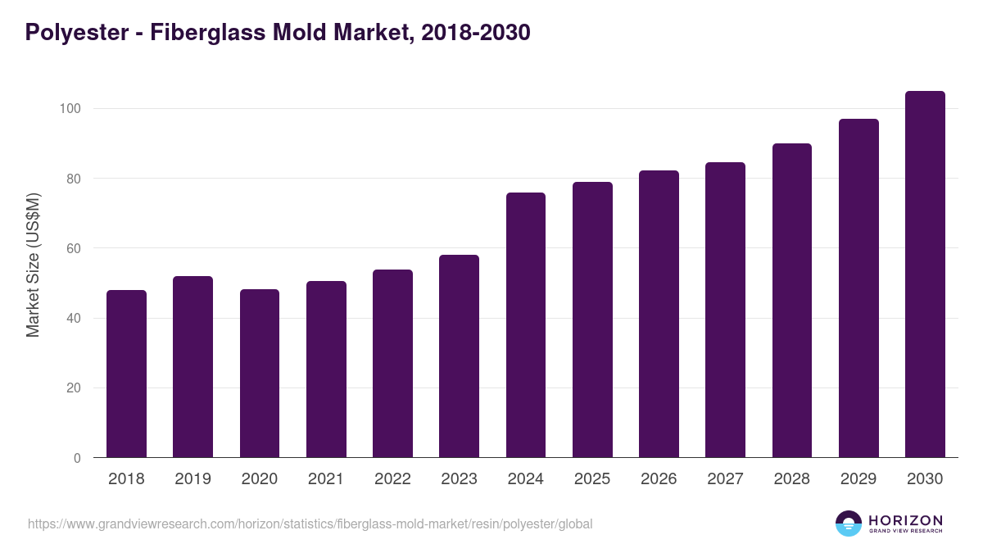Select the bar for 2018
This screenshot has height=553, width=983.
coord(126,374)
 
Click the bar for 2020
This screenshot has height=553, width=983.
coord(260,374)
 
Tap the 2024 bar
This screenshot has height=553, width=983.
coord(526,325)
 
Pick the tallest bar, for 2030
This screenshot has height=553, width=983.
coord(925,274)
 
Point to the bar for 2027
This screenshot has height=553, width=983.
coord(725,310)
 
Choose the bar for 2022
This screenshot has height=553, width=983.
coord(392,364)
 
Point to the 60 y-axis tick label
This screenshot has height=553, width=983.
coord(74,248)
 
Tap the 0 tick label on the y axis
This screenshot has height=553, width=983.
coord(77,458)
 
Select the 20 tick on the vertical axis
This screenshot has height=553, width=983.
coord(74,388)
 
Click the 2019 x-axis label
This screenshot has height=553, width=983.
coord(193,479)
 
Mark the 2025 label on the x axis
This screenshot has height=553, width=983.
coord(592,479)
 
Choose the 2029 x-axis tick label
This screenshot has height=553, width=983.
coord(858,479)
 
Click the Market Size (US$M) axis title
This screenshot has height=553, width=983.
coord(33,265)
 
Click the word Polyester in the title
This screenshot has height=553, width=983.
coord(75,33)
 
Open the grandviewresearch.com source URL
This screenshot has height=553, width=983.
coord(310,524)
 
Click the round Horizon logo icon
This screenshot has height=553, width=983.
coord(849,524)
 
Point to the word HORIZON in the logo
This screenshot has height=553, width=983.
coord(905,520)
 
